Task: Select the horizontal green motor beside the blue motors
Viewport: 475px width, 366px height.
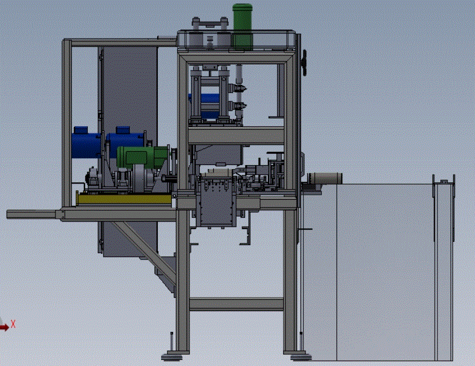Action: click(x=142, y=157)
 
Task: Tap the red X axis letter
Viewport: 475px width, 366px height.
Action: click(x=13, y=324)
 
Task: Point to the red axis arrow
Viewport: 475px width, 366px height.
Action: click(x=4, y=327)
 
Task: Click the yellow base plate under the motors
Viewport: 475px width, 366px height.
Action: click(x=124, y=199)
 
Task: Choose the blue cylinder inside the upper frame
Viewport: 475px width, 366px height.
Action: click(x=204, y=106)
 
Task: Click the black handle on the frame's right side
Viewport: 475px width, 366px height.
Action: click(x=304, y=63)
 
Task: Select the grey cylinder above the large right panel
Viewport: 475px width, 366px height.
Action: click(x=324, y=178)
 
